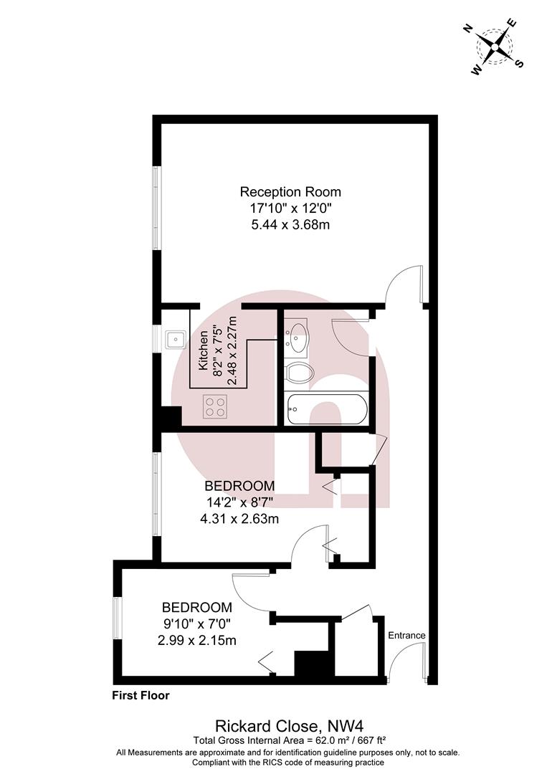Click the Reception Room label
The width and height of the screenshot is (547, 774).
coord(290,191)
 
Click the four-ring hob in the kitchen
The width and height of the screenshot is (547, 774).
coord(215,407)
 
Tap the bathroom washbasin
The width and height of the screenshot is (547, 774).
coord(298,337)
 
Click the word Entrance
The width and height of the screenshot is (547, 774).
coord(406,635)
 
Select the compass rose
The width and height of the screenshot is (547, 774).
coord(494,47)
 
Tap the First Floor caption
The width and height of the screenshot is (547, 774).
coord(141,695)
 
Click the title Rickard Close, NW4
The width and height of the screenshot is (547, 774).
coord(290,725)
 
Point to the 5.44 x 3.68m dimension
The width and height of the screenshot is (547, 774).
coord(290,225)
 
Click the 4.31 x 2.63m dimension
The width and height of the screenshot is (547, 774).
coord(239,519)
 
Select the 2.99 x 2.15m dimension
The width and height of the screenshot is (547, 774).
coord(197,641)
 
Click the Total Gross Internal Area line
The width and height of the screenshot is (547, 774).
coord(290,740)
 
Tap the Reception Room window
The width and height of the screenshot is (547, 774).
coord(156,207)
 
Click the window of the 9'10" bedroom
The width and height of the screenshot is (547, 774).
coord(118,618)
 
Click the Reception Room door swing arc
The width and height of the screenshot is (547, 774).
coord(399,277)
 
